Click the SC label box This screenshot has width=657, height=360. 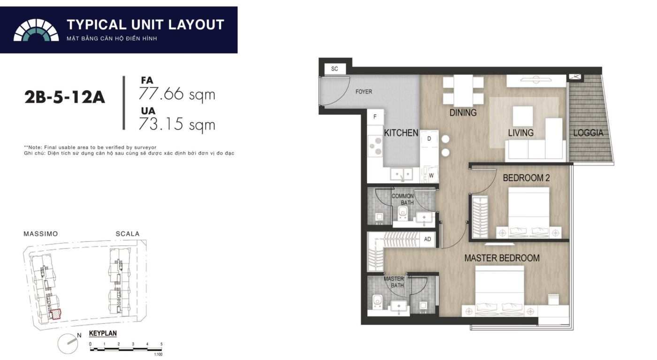coord(335,69)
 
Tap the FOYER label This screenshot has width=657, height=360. coord(364,92)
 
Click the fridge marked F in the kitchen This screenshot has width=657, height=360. coord(375,117)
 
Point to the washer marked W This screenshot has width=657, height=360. coord(430,175)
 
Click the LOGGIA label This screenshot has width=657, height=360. coord(588,133)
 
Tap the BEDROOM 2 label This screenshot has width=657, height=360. coord(526,178)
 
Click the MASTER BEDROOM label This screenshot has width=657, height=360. coord(502,258)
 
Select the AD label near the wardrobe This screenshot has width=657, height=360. coord(428,239)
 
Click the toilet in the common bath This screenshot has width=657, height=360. coord(403,214)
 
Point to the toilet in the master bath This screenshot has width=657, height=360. coord(377,302)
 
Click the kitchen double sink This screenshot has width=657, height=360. coord(401,174)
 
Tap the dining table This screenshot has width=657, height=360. coord(463,91)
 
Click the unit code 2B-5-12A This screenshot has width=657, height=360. coord(65,97)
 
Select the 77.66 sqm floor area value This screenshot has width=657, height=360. coord(177,94)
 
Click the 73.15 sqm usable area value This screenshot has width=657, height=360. coord(177,125)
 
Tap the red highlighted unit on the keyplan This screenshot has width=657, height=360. coord(55,314)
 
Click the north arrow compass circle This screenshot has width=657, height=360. coord(68,344)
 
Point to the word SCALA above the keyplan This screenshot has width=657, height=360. coord(128,234)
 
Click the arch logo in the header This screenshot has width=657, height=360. coord(36,30)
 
